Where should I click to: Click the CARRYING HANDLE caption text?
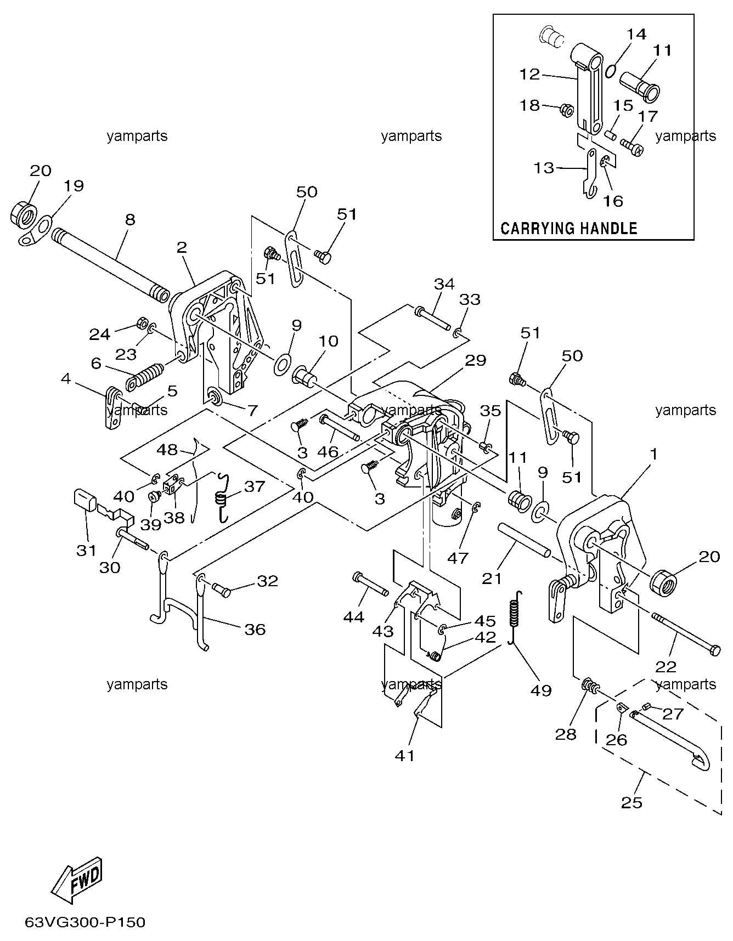pos(568,228)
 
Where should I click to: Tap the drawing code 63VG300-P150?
pos(85,922)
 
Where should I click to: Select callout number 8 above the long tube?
pos(129,220)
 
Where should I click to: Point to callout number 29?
pos(476,360)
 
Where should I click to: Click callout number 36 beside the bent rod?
pos(255,629)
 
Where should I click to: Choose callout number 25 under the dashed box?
pos(631,803)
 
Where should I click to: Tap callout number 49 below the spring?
pos(540,690)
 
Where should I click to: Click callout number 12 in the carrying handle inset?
pos(530,74)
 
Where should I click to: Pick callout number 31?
pos(86,550)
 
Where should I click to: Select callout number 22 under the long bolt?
pos(665,667)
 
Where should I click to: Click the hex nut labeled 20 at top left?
pos(22,213)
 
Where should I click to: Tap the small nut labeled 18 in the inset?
pos(566,110)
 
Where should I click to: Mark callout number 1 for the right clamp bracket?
pos(653,454)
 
